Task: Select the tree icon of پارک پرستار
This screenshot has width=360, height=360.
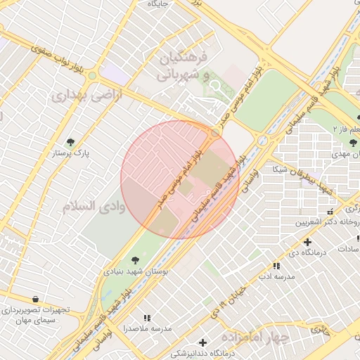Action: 70,141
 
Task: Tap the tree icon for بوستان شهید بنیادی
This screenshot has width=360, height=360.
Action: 134,259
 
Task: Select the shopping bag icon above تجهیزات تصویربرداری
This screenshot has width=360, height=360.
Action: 35,299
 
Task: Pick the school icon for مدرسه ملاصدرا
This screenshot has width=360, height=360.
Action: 147,318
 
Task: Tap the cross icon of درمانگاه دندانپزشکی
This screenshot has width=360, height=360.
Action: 203,342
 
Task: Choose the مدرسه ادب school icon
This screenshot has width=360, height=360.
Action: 276,266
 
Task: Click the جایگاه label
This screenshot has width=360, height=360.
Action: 157,4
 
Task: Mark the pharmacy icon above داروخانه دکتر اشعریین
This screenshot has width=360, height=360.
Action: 329,212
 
